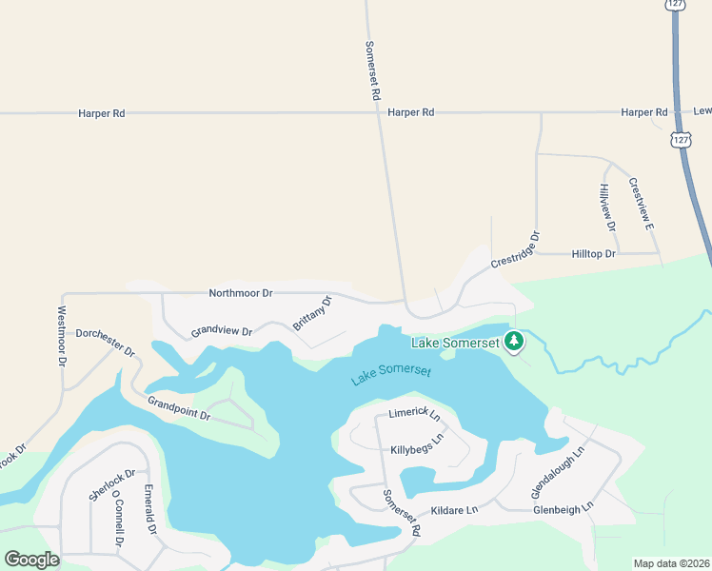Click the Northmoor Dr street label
[x=241, y=293]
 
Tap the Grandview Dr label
[x=221, y=332]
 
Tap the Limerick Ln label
[x=414, y=415]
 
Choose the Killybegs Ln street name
[x=417, y=444]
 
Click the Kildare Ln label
[x=454, y=511]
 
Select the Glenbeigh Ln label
[x=564, y=508]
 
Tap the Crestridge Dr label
[x=515, y=249]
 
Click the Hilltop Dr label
[x=594, y=254]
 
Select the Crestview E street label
[x=639, y=204]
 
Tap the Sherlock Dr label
[x=112, y=485]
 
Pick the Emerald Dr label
[x=149, y=509]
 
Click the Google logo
[x=31, y=560]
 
